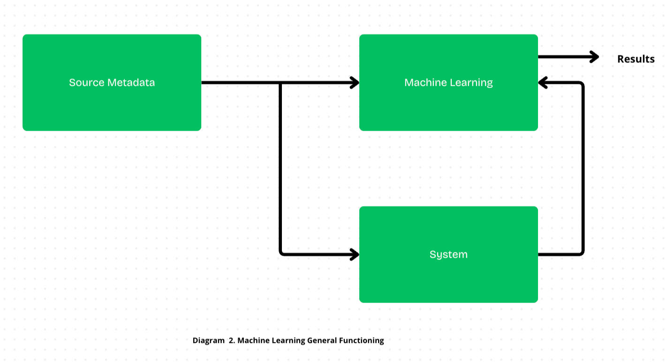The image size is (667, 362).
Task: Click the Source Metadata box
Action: pos(112,82)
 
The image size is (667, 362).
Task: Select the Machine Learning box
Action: pos(448,82)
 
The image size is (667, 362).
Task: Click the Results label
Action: pos(636,59)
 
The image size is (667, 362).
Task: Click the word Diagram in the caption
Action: pos(208,340)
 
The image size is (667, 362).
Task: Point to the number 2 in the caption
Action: pos(231,340)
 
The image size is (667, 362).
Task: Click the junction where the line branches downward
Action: pos(280,83)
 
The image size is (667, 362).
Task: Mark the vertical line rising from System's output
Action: pos(583,169)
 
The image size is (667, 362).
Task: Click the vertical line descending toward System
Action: pos(280,169)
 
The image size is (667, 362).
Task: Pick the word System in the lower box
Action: pos(448,254)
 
